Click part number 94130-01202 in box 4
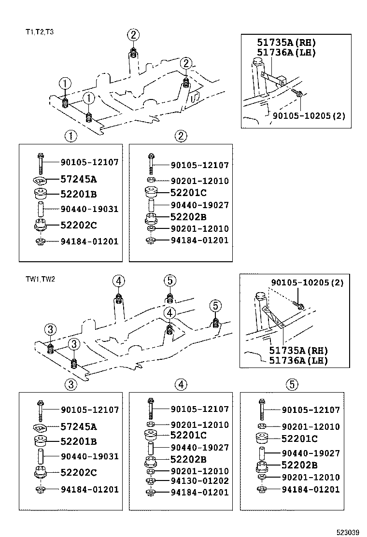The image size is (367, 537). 199,481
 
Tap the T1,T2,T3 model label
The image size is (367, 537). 40,32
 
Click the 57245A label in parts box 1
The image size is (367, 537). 78,179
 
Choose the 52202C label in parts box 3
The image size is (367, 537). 78,472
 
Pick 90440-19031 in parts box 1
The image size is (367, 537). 89,209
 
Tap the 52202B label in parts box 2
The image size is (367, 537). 188,217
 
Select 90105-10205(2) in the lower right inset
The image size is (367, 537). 307,283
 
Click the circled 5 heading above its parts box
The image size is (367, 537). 292,384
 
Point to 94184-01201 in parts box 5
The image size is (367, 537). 311,489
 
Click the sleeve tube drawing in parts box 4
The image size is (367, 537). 151,447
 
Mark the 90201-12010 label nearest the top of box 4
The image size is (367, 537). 199,424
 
